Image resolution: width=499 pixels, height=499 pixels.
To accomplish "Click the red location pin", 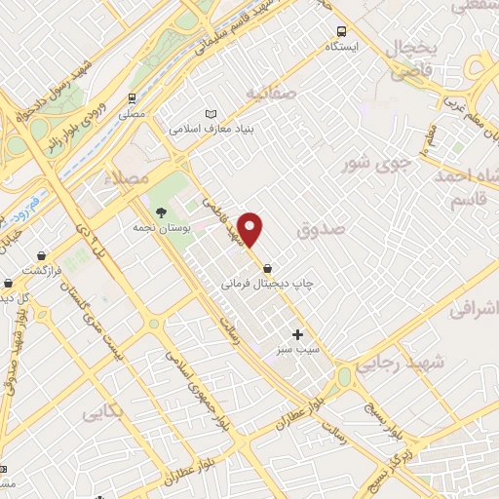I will [251, 230].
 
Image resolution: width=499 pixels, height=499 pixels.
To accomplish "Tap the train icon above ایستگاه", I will [341, 31].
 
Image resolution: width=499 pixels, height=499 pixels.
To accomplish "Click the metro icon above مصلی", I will [132, 99].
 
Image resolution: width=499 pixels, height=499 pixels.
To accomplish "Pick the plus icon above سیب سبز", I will [297, 334].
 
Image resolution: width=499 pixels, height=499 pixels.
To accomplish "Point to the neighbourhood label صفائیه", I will [269, 94].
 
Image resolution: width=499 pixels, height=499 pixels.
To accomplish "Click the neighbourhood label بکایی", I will [102, 412].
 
